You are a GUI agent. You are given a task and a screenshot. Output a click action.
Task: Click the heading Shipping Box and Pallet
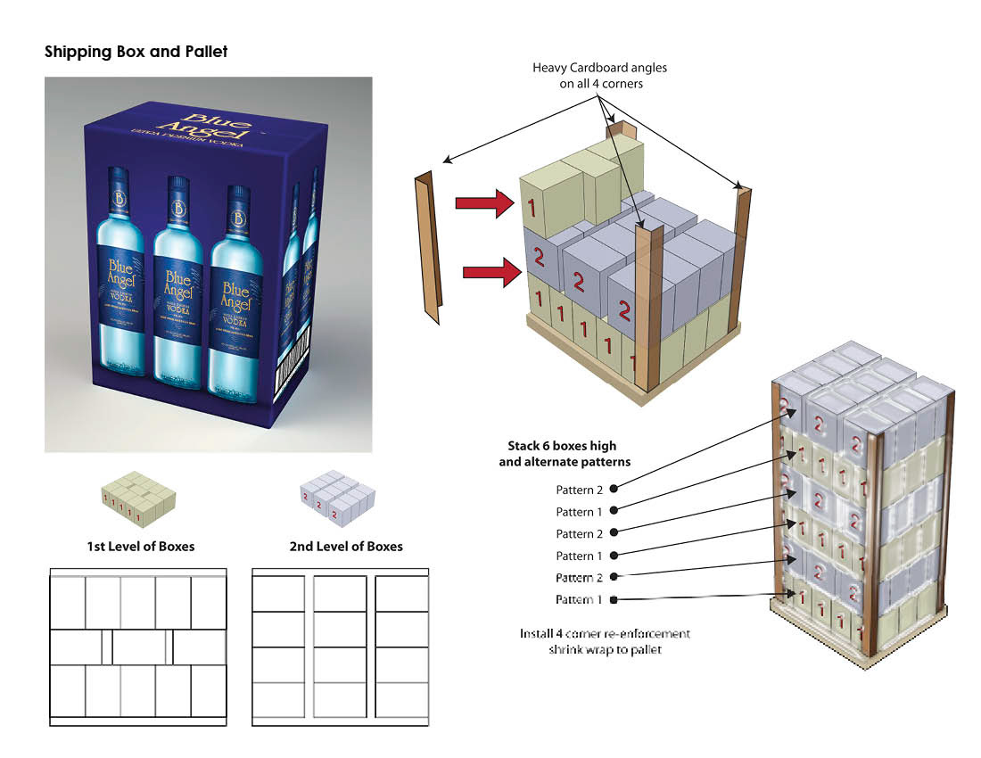coord(136,52)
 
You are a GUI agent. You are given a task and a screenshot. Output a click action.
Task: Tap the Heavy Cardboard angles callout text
coord(599,76)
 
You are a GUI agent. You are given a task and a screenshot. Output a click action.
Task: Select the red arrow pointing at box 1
coord(484,204)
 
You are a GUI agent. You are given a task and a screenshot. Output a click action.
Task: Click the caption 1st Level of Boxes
coord(140,546)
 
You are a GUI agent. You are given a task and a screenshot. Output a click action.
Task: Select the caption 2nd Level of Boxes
coord(345,546)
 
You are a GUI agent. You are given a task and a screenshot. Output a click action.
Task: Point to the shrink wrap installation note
coord(605,641)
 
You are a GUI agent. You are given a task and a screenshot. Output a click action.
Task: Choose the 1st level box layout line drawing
coord(138,647)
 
